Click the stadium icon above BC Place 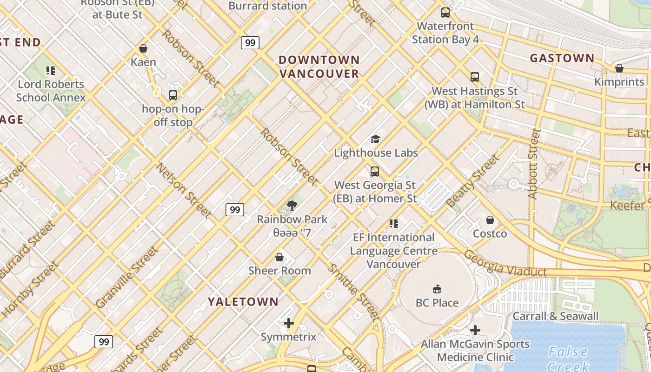(x=437, y=289)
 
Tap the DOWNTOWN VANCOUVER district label (x=319, y=66)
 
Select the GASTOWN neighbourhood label (x=562, y=58)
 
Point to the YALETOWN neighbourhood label (x=243, y=302)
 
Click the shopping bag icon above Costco (x=490, y=220)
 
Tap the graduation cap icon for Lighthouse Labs (x=375, y=139)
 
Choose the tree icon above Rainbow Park (x=292, y=206)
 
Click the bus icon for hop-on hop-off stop (x=173, y=95)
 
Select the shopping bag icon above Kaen (x=143, y=48)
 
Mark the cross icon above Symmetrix (x=289, y=323)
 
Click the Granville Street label (x=126, y=278)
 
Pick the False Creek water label (x=568, y=359)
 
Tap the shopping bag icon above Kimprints (x=619, y=69)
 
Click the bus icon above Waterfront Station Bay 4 (x=445, y=13)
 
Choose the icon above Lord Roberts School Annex (x=51, y=71)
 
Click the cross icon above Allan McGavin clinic (x=475, y=331)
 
